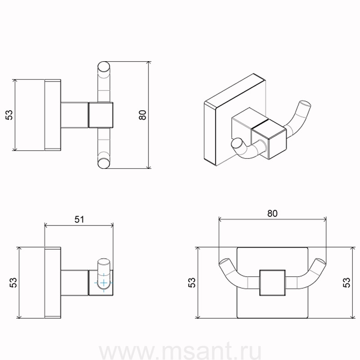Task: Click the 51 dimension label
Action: pos(79,220)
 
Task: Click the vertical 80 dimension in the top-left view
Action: pos(143,115)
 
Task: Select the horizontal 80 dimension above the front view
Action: pos(272,213)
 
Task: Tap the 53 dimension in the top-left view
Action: pos(9,115)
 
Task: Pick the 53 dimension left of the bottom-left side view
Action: pos(13,283)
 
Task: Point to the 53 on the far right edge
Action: pos(346,283)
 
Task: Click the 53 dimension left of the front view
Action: pos(192,283)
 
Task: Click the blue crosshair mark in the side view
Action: pos(104,283)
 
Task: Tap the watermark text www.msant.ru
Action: pos(180,351)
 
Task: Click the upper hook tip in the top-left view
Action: pos(104,67)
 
